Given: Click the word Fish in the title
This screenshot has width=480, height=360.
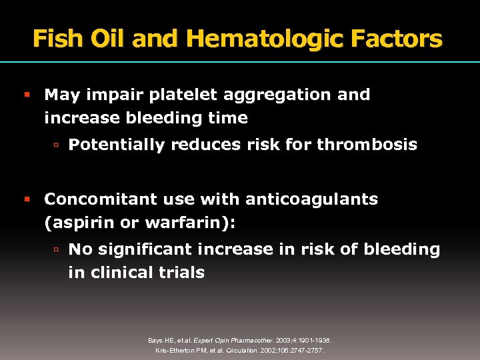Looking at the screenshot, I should tap(57, 39).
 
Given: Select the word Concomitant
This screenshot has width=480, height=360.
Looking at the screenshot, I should tap(94, 199).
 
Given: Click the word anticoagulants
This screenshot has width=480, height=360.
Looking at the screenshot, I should tap(311, 199).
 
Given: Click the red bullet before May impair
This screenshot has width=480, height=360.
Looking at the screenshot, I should tap(27, 95).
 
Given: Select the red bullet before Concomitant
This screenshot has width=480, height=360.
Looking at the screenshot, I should tap(27, 200).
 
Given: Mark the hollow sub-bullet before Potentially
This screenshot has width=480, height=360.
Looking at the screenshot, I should tap(57, 145).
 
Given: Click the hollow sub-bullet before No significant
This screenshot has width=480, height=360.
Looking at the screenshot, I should tap(57, 250).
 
